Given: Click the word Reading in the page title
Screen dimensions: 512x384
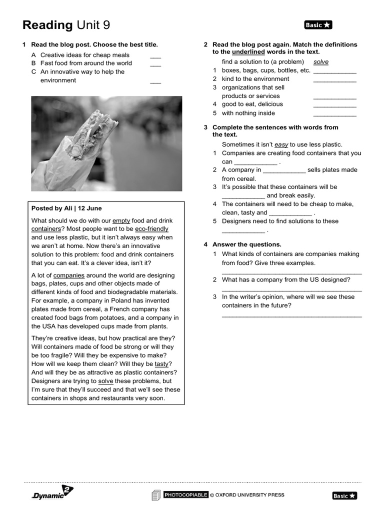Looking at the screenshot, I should pos(48,25).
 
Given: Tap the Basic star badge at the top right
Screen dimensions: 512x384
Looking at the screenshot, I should pos(318,25).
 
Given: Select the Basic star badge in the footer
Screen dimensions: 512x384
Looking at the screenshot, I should pos(344,495).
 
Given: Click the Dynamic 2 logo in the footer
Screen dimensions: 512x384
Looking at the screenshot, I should pos(52,493).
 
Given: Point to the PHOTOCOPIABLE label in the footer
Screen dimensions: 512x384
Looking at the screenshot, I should pos(186,495).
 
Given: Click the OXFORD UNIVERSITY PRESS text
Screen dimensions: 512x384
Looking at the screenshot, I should pos(250,495).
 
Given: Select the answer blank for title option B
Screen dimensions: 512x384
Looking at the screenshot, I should pos(155,65).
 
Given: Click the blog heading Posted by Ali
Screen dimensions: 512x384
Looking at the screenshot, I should pos(66,208).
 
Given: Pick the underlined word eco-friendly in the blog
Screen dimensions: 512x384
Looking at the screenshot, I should pos(151,229).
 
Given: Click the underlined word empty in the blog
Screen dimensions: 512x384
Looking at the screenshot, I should pos(121,220).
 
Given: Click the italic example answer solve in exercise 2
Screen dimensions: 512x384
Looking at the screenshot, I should pos(321,62).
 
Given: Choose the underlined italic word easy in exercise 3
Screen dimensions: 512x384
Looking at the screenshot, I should pos(281,144).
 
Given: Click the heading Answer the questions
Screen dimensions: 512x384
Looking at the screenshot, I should pos(247,244).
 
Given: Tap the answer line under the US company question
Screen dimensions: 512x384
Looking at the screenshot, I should pos(291,289).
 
